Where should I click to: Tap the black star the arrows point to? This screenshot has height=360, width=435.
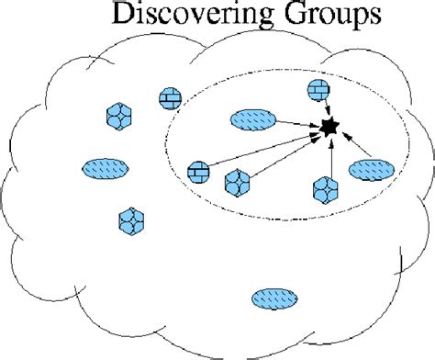click(x=328, y=129)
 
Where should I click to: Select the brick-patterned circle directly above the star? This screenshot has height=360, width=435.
click(x=317, y=91)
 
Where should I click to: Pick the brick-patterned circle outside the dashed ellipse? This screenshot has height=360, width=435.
click(x=170, y=98)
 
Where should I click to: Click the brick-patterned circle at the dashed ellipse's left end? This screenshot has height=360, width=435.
click(x=197, y=171)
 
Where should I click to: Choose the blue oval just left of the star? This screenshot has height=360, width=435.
click(x=251, y=119)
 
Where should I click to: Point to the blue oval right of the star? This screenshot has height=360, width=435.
click(x=372, y=170)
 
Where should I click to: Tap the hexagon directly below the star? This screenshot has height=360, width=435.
click(x=325, y=188)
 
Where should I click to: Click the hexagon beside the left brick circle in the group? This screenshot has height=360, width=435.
click(x=237, y=181)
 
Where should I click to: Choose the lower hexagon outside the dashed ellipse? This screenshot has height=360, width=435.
click(x=130, y=221)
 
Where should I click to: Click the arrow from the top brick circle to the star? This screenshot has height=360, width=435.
click(x=322, y=109)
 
